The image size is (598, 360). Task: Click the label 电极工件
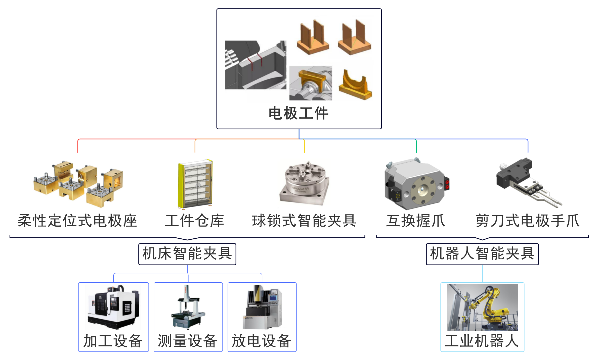pos(298,113)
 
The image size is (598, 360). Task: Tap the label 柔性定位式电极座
pos(77,221)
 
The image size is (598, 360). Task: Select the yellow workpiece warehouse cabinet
pos(195,184)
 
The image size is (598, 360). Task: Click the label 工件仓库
pos(194,221)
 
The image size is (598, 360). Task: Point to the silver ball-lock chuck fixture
pos(305,184)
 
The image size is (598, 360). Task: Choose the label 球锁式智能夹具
pos(304,221)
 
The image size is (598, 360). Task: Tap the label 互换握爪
pos(416,221)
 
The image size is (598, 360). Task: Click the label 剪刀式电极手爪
pos(528,221)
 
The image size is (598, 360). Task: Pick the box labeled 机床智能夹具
pos(187,254)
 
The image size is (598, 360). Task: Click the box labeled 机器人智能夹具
pos(482,254)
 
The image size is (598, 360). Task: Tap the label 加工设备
pos(113,341)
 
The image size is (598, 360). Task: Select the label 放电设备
pos(262,341)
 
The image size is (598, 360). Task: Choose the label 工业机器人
pos(482,341)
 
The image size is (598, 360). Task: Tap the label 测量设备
pos(188,341)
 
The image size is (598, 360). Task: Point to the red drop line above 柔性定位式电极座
pos(78,146)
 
